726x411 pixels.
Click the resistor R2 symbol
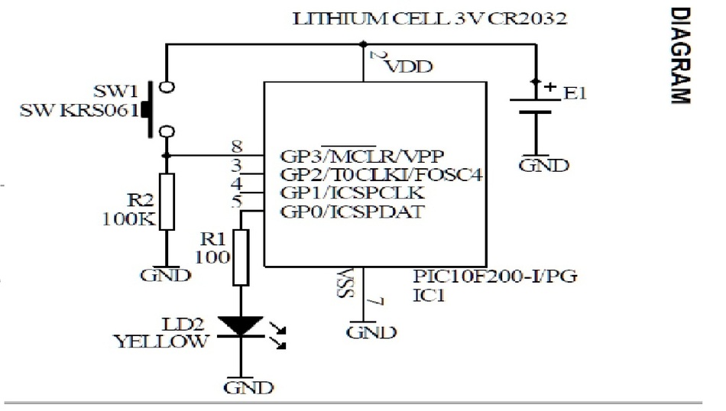point(167,201)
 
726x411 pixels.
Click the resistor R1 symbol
point(241,257)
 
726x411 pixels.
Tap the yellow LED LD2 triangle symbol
point(240,325)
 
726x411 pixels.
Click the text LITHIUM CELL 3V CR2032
point(430,19)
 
